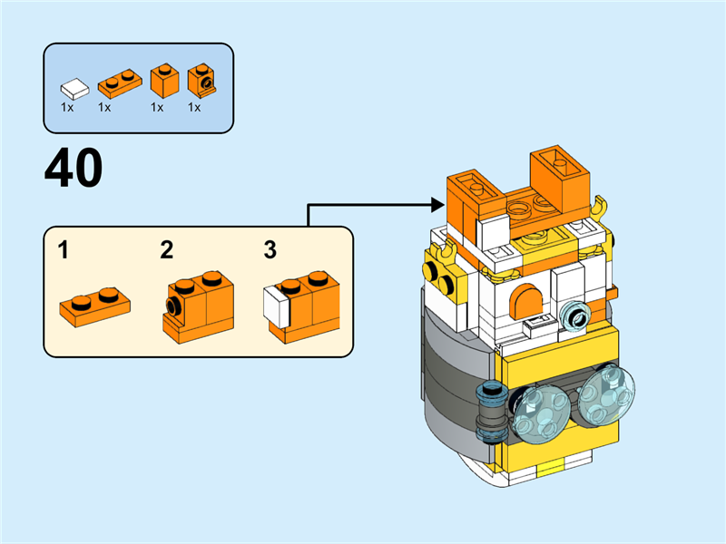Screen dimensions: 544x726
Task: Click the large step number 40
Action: pyautogui.click(x=74, y=169)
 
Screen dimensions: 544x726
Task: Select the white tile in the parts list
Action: pyautogui.click(x=74, y=89)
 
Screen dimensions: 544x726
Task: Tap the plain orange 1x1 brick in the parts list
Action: pyautogui.click(x=162, y=83)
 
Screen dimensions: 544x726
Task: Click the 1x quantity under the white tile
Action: pyautogui.click(x=67, y=107)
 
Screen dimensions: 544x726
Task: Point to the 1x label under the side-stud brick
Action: pyautogui.click(x=193, y=107)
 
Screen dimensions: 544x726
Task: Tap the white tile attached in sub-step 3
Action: pyautogui.click(x=276, y=304)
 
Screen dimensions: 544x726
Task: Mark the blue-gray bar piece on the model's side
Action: pyautogui.click(x=492, y=410)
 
